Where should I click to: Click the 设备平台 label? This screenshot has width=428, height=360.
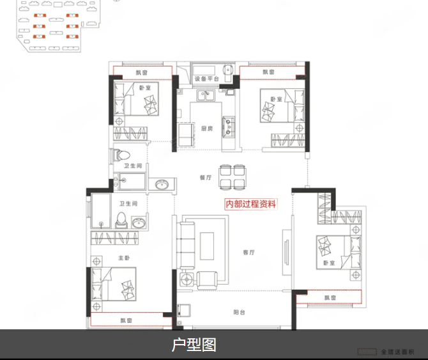[x=206, y=79]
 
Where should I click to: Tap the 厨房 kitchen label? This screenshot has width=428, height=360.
[x=206, y=129]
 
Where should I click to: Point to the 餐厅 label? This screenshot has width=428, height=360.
[x=205, y=178]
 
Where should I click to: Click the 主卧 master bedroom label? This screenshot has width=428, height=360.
[x=124, y=258]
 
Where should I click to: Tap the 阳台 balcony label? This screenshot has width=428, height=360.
[x=239, y=312]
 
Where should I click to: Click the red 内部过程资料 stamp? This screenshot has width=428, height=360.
[x=251, y=205]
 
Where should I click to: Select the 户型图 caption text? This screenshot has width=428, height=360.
[x=194, y=345]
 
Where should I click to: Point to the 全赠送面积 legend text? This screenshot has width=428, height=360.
[x=397, y=352]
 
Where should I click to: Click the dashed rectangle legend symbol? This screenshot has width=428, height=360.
[x=366, y=352]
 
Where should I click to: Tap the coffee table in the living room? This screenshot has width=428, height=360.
[x=208, y=246]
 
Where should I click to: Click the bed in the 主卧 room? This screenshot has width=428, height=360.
[x=119, y=285]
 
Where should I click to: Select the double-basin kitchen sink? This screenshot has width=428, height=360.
[x=206, y=97]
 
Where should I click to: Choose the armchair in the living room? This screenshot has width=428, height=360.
[x=207, y=279]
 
